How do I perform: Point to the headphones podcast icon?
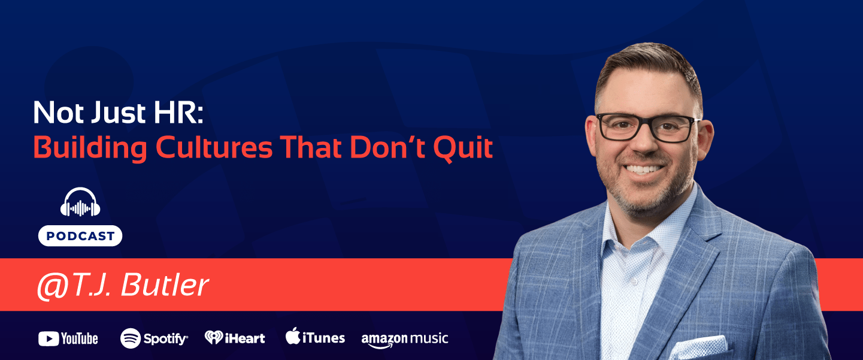pos(80,203)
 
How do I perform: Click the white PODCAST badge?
pos(80,236)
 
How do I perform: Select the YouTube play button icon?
pos(48,339)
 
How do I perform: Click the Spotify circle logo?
pos(131,338)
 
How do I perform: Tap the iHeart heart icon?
pos(213,338)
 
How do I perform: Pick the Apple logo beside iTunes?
pos(292,337)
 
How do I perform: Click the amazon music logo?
pos(404,339)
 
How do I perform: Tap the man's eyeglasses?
pos(647,126)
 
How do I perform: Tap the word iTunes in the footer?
pos(323,338)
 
